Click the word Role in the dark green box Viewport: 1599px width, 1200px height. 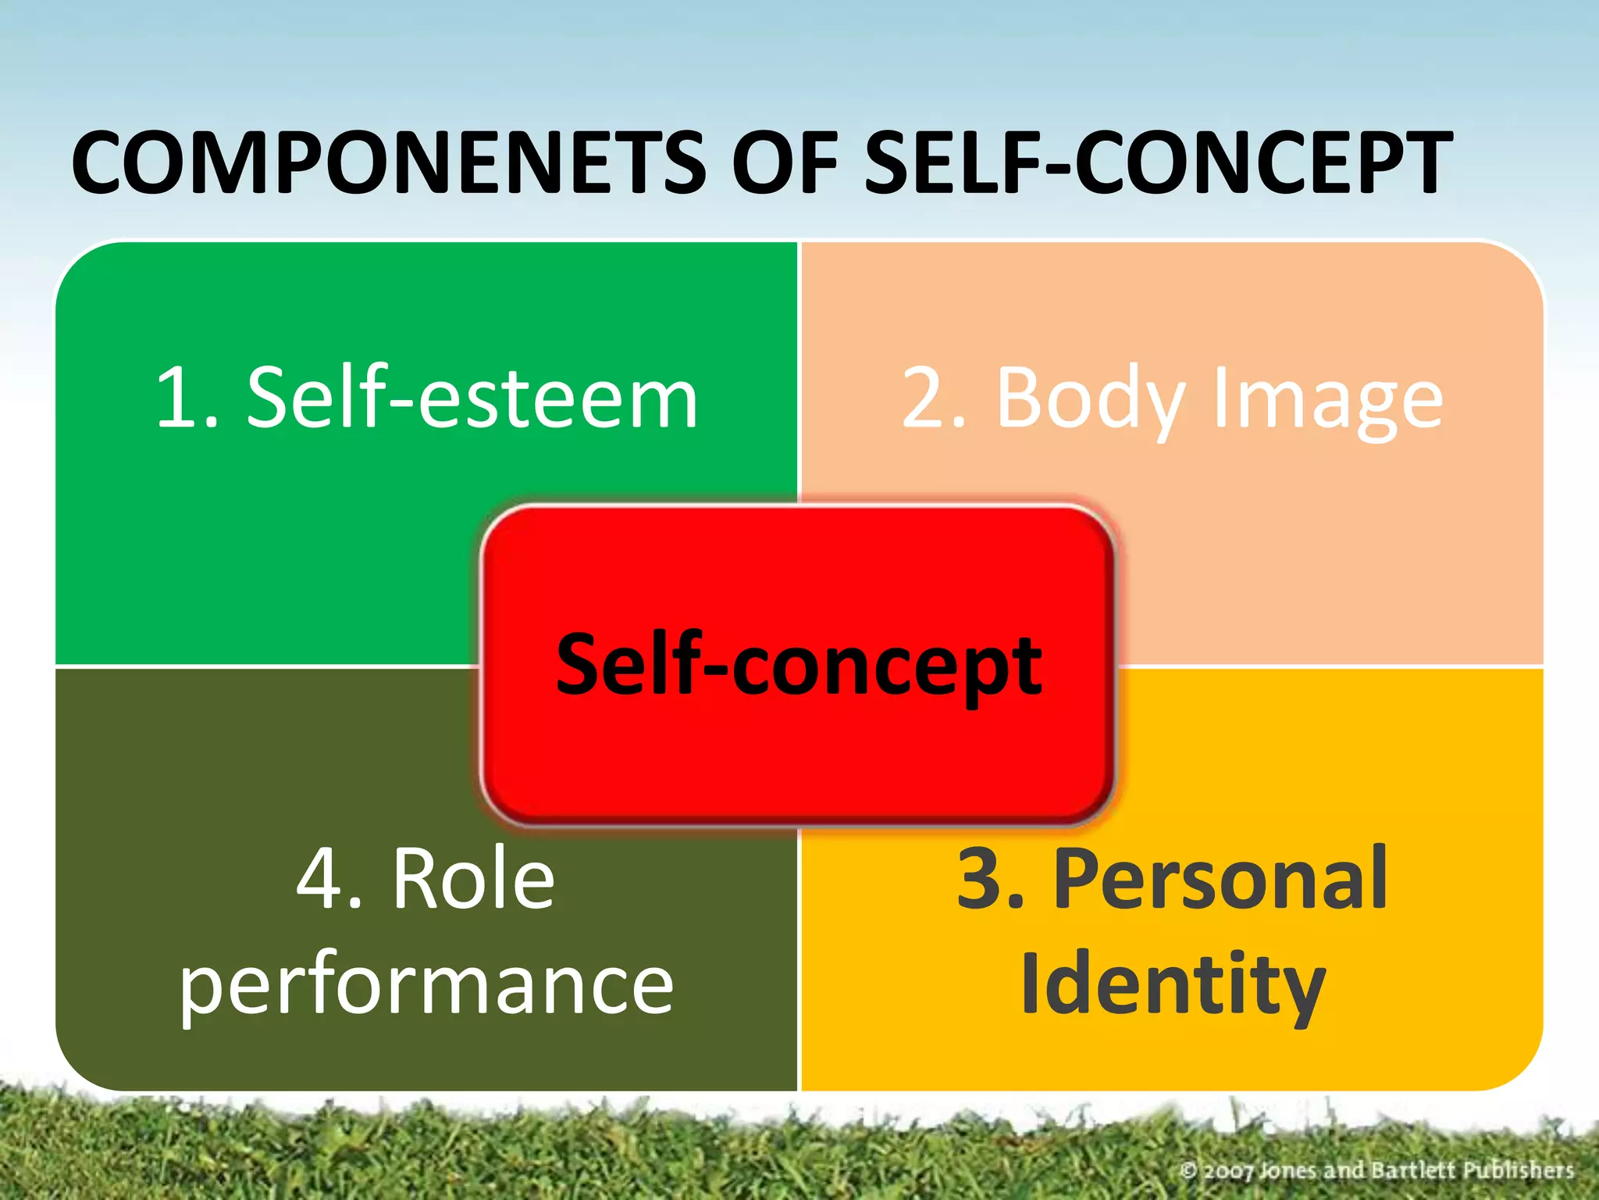pos(473,879)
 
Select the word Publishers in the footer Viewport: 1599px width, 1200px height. pos(1518,1170)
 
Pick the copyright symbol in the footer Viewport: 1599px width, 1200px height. pos(1188,1170)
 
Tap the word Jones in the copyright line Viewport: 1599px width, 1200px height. pos(1290,1170)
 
